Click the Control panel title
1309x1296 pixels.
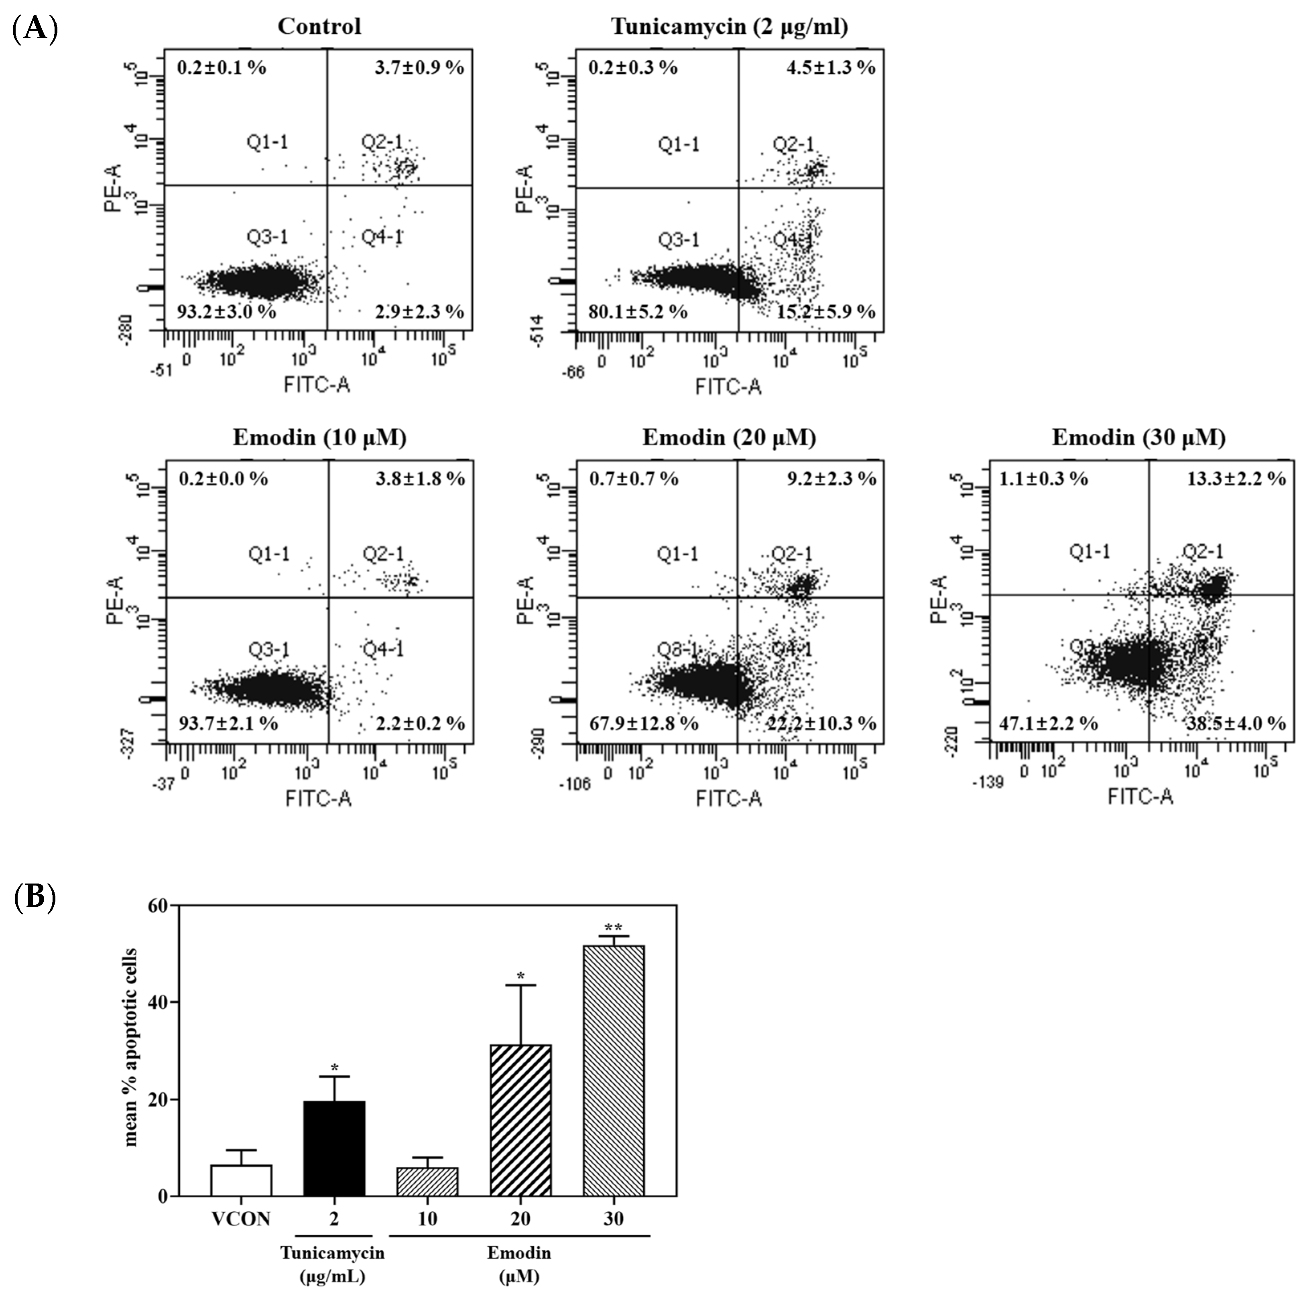click(x=319, y=26)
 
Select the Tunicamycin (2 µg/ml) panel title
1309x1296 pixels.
click(x=729, y=26)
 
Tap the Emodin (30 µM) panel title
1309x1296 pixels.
click(x=1138, y=438)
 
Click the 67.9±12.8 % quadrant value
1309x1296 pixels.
click(x=643, y=723)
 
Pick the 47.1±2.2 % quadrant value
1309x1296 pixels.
click(x=1047, y=723)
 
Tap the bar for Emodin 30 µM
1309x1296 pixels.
click(x=613, y=1071)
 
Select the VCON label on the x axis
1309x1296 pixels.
click(x=241, y=1219)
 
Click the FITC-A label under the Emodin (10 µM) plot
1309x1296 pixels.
click(x=318, y=799)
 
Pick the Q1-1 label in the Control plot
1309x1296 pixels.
click(x=267, y=142)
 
